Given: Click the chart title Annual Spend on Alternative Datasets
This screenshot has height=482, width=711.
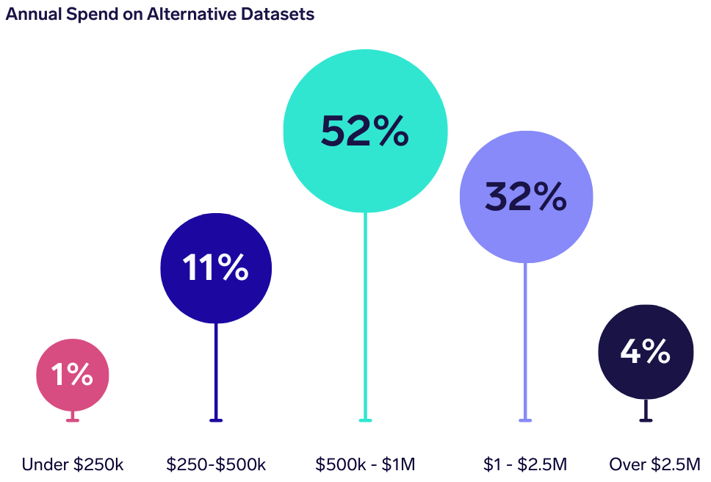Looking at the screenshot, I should click(160, 14).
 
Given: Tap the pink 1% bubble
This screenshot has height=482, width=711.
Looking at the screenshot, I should click(73, 375).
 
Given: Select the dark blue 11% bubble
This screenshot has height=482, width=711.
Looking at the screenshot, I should click(216, 268).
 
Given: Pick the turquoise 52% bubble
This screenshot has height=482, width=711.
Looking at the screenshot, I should click(365, 130).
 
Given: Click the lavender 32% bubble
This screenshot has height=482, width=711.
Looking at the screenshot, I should click(525, 196).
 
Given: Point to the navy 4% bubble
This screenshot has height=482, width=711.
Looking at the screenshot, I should click(646, 352).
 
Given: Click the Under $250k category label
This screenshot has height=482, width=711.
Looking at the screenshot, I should click(73, 464).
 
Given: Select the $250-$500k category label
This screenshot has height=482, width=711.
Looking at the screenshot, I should click(216, 464).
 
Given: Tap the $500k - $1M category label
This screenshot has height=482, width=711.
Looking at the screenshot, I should click(365, 464).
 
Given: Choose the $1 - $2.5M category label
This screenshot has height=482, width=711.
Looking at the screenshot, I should click(525, 464).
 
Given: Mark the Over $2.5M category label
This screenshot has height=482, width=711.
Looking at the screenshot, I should click(654, 464).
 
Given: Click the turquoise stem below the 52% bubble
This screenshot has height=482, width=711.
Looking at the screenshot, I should click(365, 316).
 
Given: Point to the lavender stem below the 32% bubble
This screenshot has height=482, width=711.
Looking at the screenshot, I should click(525, 342).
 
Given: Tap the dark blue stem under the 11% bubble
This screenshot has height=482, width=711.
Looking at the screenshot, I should click(216, 371).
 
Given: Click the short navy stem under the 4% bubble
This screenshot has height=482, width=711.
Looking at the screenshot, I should click(646, 409).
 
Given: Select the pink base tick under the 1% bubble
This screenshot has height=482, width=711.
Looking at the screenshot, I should click(73, 420).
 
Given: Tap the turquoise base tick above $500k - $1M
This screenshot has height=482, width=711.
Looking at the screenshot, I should click(365, 420).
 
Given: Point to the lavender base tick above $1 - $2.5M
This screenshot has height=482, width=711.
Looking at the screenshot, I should click(525, 420).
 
